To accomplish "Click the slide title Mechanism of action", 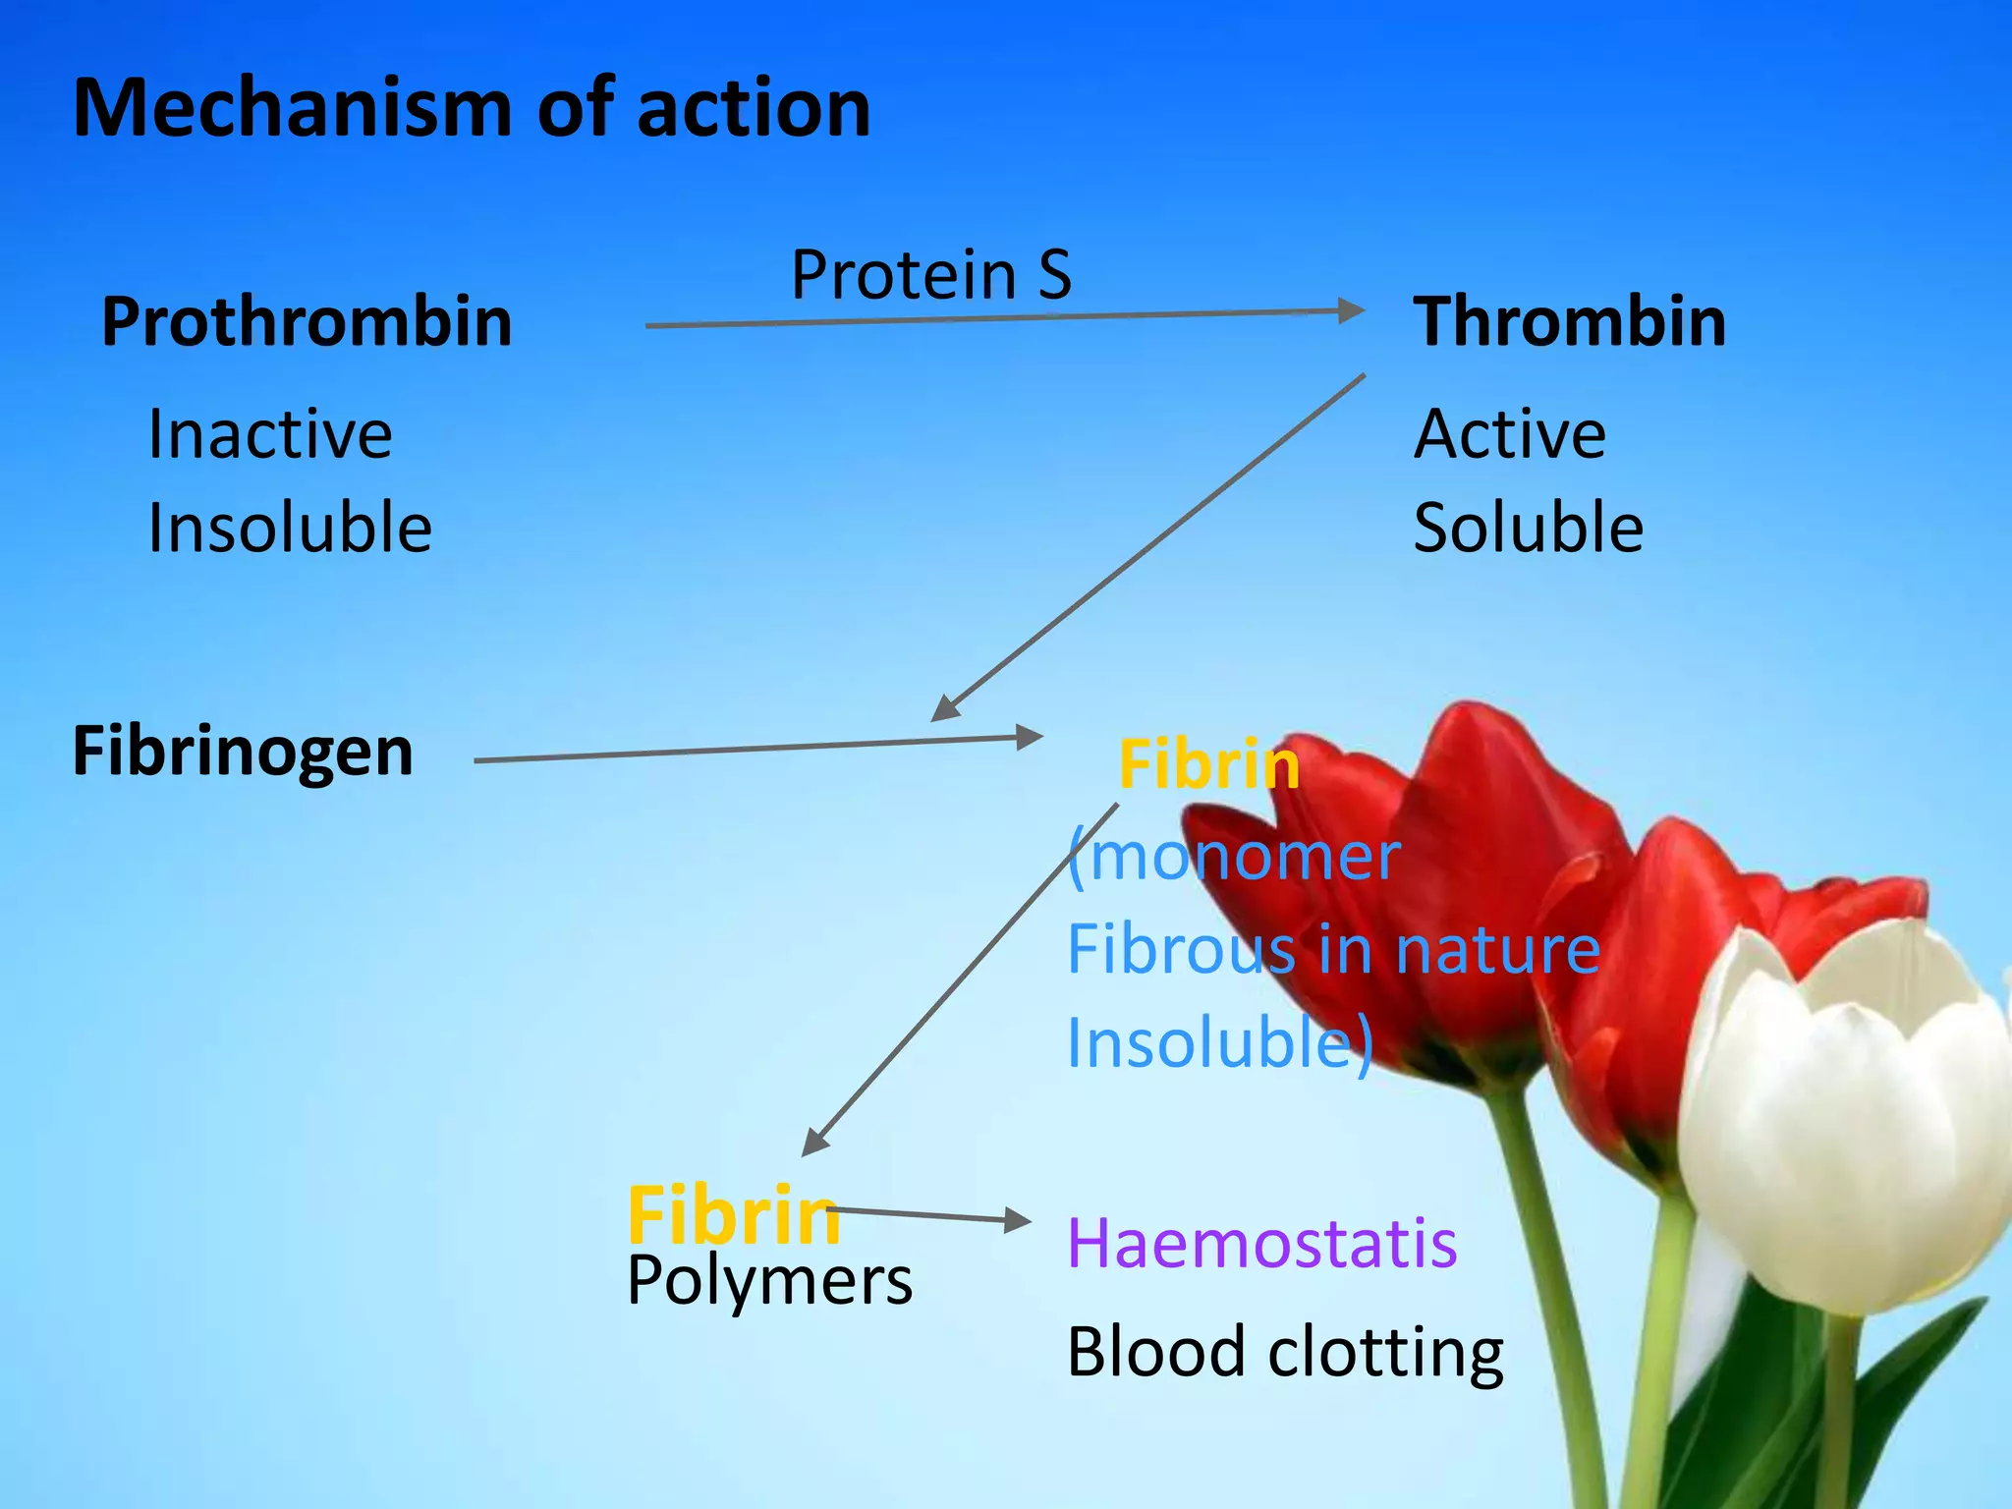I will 472,108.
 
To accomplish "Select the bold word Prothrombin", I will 307,322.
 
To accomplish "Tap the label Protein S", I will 931,275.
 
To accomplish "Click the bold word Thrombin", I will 1569,322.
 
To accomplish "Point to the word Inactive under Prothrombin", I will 270,434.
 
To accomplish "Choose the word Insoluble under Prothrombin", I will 290,529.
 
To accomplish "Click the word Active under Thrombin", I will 1510,434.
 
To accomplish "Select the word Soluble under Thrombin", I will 1529,529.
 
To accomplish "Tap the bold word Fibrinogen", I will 243,752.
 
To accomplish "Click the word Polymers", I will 769,1281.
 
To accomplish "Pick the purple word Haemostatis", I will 1261,1244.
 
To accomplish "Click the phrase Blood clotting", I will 1285,1353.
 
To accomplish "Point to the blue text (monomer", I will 1234,857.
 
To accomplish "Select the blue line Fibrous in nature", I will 1333,950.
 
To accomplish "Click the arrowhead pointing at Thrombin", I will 1352,311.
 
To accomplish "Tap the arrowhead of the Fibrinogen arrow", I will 1029,737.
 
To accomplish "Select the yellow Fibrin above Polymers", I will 734,1216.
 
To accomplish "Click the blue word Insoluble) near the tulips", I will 1219,1043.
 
